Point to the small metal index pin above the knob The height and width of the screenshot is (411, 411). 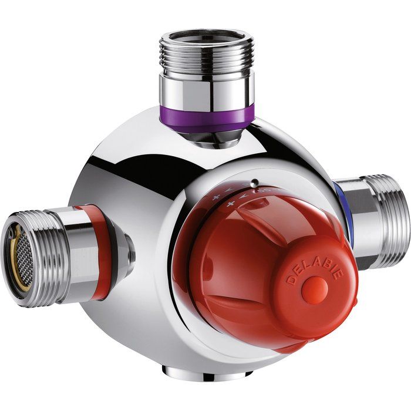(254, 182)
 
